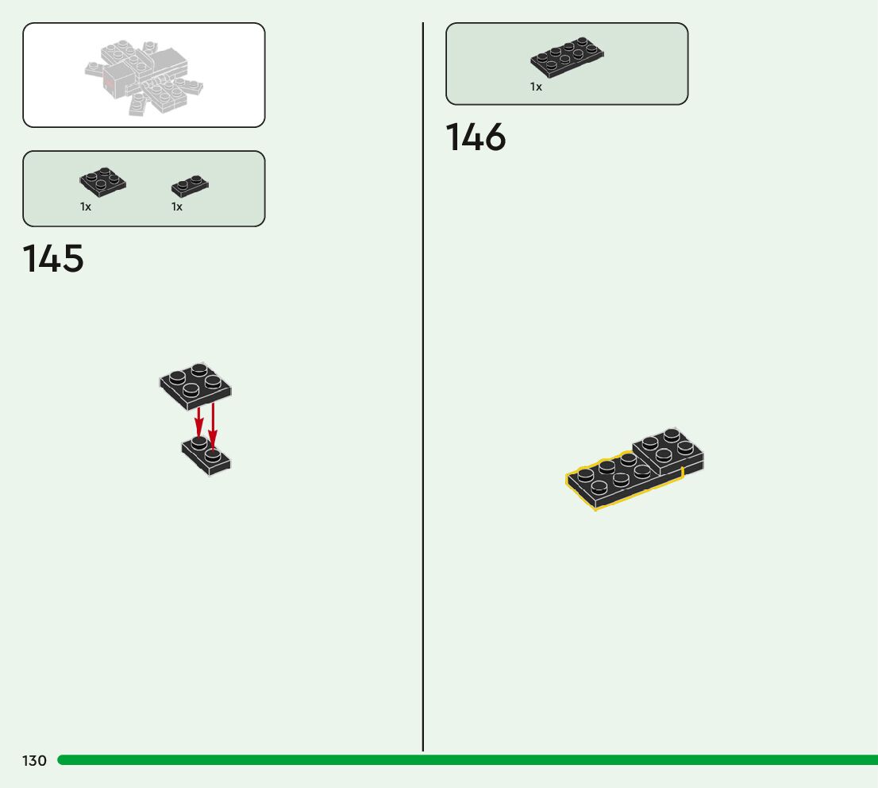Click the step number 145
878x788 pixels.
pyautogui.click(x=53, y=259)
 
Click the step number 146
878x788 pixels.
pyautogui.click(x=476, y=137)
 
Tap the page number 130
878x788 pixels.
pyautogui.click(x=34, y=761)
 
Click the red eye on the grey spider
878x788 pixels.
pyautogui.click(x=109, y=80)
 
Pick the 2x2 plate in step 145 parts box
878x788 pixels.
pyautogui.click(x=102, y=183)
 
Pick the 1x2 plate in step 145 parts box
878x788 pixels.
pyautogui.click(x=190, y=187)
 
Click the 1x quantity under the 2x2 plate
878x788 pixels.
pyautogui.click(x=86, y=207)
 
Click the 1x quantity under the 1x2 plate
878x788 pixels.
pyautogui.click(x=177, y=207)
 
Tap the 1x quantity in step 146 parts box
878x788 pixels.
pyautogui.click(x=537, y=87)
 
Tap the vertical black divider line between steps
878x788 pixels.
pyautogui.click(x=423, y=397)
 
